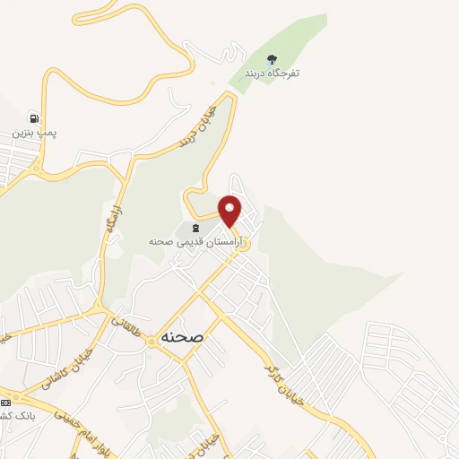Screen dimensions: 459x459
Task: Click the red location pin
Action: tap(230, 211)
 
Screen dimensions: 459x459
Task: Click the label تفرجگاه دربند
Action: tap(272, 73)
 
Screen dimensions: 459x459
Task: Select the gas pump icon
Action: tap(34, 117)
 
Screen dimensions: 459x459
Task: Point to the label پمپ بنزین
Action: tap(34, 132)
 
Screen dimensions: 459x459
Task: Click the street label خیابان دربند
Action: tap(192, 125)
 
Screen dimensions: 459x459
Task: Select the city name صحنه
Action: tap(183, 336)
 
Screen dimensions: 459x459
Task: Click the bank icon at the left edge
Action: tap(4, 401)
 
